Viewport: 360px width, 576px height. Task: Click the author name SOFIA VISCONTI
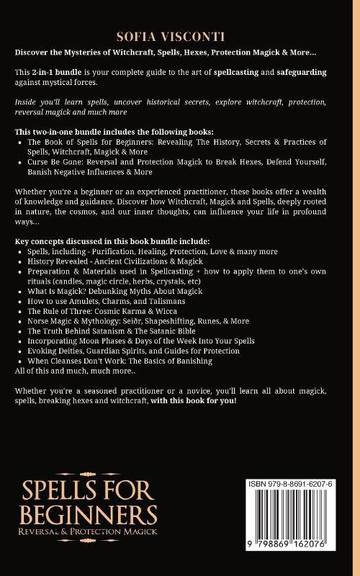180,37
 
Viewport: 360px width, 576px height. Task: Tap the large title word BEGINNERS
89,514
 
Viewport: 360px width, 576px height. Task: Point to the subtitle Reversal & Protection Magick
89,533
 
